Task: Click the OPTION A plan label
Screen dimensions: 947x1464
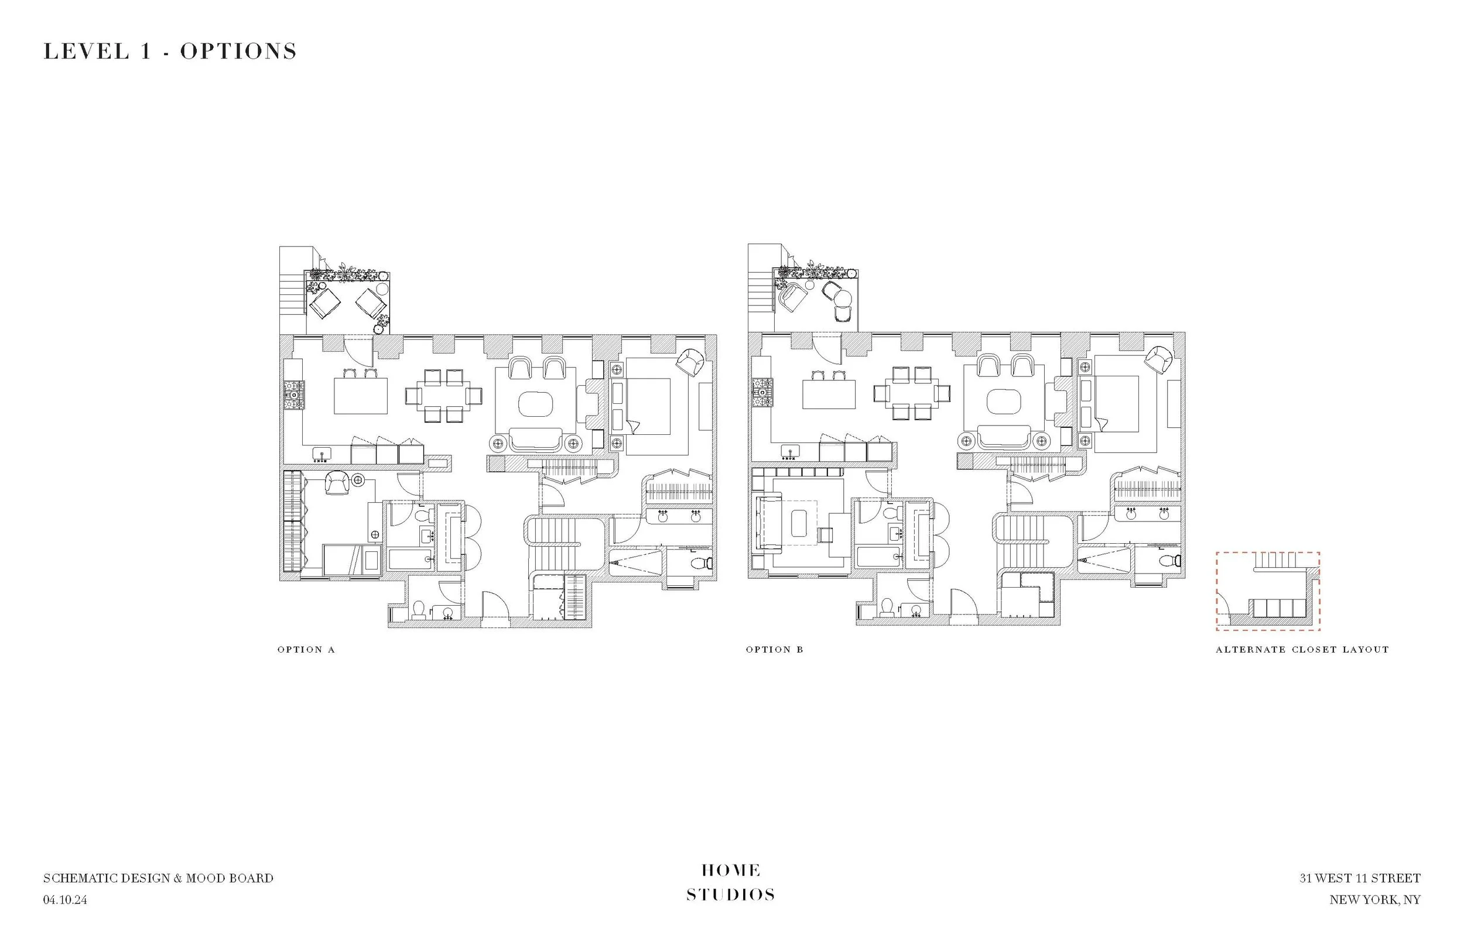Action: [x=306, y=649]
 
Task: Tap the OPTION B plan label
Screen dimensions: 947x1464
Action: [x=774, y=649]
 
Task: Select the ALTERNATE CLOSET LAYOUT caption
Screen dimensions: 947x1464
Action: [x=1302, y=649]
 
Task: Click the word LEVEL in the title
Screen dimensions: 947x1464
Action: [x=86, y=51]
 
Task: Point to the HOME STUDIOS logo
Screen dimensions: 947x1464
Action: [x=731, y=883]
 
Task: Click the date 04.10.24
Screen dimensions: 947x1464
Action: [x=65, y=900]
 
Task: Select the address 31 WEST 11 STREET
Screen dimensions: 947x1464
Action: [x=1359, y=878]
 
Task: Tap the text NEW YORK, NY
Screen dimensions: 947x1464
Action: [x=1375, y=900]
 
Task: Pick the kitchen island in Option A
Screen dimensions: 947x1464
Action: [x=361, y=396]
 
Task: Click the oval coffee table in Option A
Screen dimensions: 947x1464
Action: [x=535, y=404]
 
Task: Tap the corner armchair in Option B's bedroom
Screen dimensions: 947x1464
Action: [x=1159, y=359]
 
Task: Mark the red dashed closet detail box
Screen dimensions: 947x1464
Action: [x=1268, y=591]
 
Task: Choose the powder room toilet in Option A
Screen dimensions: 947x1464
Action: [x=418, y=609]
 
